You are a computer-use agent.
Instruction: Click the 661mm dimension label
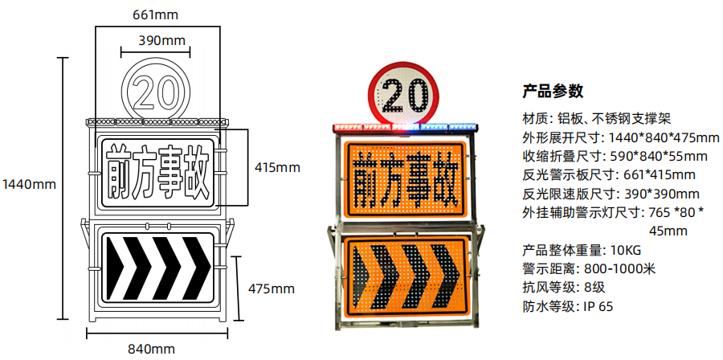[x=155, y=15]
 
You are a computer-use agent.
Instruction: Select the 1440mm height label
[x=29, y=184]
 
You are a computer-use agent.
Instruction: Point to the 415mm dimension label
[x=277, y=167]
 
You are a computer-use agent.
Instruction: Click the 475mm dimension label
[x=272, y=289]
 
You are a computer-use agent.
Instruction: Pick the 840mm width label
[x=151, y=349]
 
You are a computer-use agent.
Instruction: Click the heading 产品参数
[x=553, y=91]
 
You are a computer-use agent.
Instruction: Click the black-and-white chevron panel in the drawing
[x=157, y=268]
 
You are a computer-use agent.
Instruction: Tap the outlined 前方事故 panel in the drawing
[x=157, y=172]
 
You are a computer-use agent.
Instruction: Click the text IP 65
[x=598, y=306]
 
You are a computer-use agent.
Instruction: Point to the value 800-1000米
[x=619, y=268]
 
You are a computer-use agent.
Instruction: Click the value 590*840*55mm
[x=659, y=156]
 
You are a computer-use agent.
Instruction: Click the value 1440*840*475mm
[x=664, y=137]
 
